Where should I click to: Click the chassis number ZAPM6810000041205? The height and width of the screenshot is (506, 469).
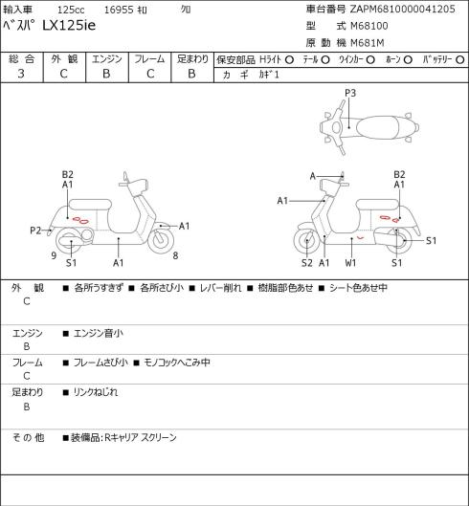[402, 9]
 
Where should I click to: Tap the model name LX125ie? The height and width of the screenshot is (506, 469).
[69, 26]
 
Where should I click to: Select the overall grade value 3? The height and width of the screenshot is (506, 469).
[21, 74]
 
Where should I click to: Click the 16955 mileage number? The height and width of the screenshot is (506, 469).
[119, 10]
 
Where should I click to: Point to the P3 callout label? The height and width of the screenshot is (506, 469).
[350, 93]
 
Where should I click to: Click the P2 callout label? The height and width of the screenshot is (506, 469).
[35, 231]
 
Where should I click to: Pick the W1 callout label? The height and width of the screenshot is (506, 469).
[350, 263]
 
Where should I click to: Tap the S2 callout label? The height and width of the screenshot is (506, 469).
[307, 263]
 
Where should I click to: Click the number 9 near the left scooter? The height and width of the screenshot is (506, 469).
[54, 255]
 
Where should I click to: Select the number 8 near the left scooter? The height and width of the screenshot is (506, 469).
[175, 255]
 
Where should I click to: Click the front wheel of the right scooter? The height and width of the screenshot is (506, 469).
[306, 241]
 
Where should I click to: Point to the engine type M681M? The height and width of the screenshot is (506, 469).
[368, 43]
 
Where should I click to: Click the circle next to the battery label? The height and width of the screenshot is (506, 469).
[460, 60]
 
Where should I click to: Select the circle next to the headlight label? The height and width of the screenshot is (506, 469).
[289, 60]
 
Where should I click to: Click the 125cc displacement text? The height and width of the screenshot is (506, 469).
[71, 10]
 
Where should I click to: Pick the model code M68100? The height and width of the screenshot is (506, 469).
[369, 26]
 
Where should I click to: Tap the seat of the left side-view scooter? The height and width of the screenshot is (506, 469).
[90, 205]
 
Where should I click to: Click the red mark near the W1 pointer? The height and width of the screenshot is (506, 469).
[361, 238]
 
